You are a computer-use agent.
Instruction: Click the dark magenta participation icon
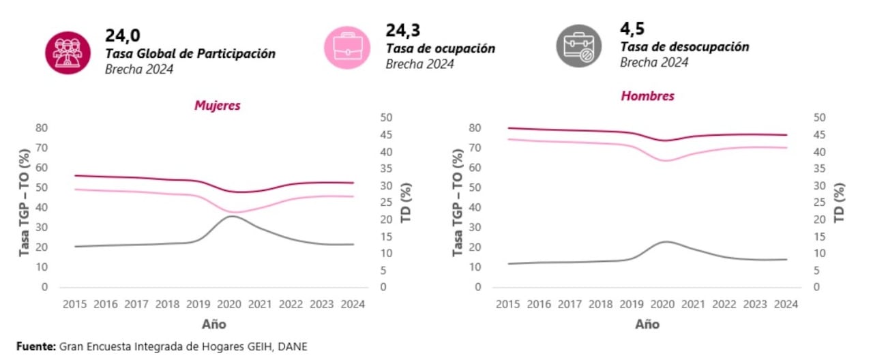pyautogui.click(x=68, y=52)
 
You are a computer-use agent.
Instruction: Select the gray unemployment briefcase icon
pyautogui.click(x=578, y=46)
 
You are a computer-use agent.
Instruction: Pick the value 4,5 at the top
pyautogui.click(x=632, y=29)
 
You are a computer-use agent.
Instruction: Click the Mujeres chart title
pyautogui.click(x=217, y=106)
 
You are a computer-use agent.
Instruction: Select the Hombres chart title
pyautogui.click(x=647, y=96)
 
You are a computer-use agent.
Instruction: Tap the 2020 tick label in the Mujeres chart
pyautogui.click(x=229, y=304)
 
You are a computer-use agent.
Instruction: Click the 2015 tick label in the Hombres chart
pyautogui.click(x=507, y=304)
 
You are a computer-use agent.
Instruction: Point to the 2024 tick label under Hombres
pyautogui.click(x=786, y=304)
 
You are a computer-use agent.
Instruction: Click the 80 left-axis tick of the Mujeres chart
pyautogui.click(x=42, y=127)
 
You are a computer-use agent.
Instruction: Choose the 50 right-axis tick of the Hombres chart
pyautogui.click(x=820, y=118)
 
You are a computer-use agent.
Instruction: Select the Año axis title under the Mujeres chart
pyautogui.click(x=213, y=324)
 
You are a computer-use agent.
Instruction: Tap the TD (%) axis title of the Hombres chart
pyautogui.click(x=840, y=202)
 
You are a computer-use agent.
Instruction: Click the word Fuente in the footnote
pyautogui.click(x=35, y=346)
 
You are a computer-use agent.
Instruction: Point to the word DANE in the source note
pyautogui.click(x=292, y=346)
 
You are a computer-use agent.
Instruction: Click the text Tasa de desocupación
pyautogui.click(x=684, y=47)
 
